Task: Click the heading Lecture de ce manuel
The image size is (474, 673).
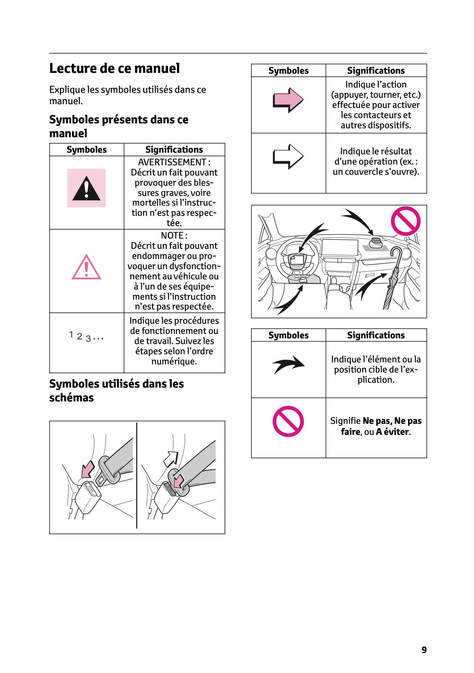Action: [114, 68]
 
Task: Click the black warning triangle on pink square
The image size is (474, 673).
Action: [86, 188]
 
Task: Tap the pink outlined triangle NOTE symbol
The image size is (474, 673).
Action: [86, 267]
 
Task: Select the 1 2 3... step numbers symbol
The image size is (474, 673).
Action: [86, 336]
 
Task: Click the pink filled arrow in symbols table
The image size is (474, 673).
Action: [288, 100]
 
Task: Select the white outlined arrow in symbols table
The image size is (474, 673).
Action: [288, 156]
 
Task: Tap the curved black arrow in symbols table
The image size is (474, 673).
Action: [288, 364]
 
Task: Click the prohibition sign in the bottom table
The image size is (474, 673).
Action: [288, 421]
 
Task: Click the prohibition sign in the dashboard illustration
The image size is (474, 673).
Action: [405, 221]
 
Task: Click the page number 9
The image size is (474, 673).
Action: [424, 650]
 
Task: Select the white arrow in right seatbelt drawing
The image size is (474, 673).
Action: [171, 458]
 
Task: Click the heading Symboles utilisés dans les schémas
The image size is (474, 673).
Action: [116, 390]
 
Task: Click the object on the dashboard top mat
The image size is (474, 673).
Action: [377, 242]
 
